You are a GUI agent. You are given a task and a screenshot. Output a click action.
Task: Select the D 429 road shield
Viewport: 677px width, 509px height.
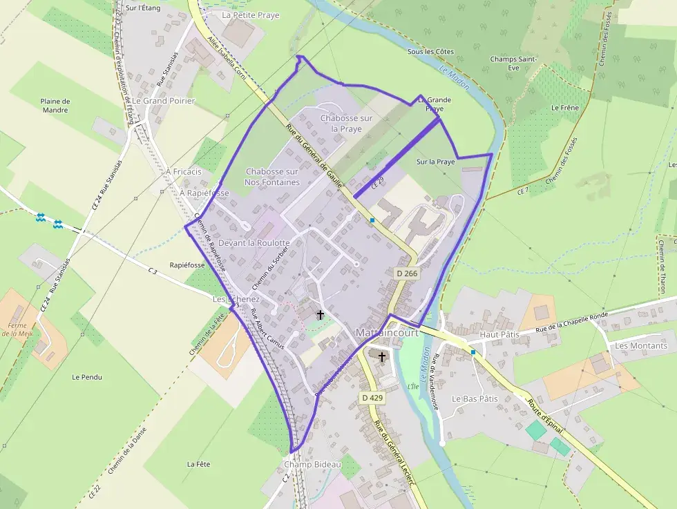click(x=372, y=398)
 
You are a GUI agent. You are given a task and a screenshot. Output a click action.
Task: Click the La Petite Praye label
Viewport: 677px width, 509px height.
click(x=250, y=15)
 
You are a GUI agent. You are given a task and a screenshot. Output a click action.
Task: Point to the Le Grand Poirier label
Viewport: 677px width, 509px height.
click(x=164, y=101)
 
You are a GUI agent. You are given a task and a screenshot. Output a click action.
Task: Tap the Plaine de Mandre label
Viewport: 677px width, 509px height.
click(x=55, y=106)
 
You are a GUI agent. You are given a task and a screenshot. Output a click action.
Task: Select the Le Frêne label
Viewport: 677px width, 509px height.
click(x=564, y=108)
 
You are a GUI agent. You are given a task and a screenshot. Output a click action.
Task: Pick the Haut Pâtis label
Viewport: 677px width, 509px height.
click(x=499, y=334)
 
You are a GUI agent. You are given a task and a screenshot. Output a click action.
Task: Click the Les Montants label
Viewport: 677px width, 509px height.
click(x=641, y=345)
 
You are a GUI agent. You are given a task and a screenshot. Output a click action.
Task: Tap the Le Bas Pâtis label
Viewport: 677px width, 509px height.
click(x=475, y=398)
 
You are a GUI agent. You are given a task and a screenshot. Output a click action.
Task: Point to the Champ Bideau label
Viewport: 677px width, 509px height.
click(x=312, y=464)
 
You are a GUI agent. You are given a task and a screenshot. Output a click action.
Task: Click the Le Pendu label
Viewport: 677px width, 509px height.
click(x=87, y=377)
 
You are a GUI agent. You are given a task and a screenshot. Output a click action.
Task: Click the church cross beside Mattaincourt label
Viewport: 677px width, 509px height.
click(x=381, y=356)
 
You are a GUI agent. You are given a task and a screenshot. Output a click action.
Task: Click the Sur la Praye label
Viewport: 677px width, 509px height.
click(x=436, y=162)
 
